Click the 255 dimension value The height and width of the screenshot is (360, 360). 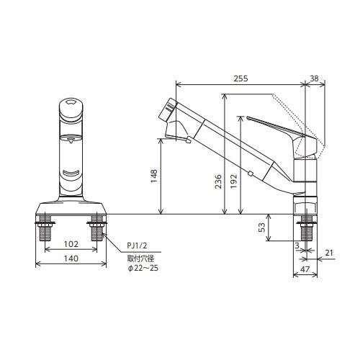pos(240,78)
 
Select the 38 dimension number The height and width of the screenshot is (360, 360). pos(314,78)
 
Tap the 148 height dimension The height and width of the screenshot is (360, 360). pos(154,176)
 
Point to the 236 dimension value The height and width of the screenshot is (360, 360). pos(218,181)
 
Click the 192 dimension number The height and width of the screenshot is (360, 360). pos(233,181)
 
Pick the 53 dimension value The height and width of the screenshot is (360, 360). pos(263,227)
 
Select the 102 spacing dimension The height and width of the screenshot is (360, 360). pos(71,244)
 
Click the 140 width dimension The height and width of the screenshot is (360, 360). pos(71,258)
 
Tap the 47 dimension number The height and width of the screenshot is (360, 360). pos(305,269)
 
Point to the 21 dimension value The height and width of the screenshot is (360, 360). pos(329,253)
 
